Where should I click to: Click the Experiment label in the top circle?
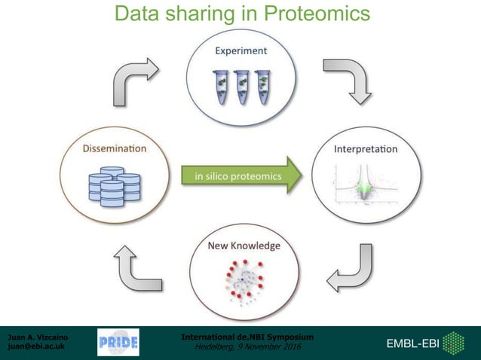coord(240,51)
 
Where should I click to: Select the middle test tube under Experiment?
coord(242,87)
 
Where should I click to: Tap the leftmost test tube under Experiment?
coord(222,87)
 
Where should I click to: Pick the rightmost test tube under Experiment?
coord(262,87)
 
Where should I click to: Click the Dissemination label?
coord(114,149)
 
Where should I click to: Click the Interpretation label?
coord(366,149)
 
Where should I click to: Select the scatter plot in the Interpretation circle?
coord(365,187)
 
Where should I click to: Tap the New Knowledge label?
coord(243,246)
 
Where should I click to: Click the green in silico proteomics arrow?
coord(241,176)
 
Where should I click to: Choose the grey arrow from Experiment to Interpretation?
coord(348,80)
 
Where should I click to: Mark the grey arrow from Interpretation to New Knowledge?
coord(349,270)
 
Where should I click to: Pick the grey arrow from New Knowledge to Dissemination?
coord(134,271)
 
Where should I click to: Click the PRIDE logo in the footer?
coord(118,343)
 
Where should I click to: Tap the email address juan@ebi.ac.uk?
coord(35,347)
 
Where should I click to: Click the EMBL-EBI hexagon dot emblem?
coord(453,343)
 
